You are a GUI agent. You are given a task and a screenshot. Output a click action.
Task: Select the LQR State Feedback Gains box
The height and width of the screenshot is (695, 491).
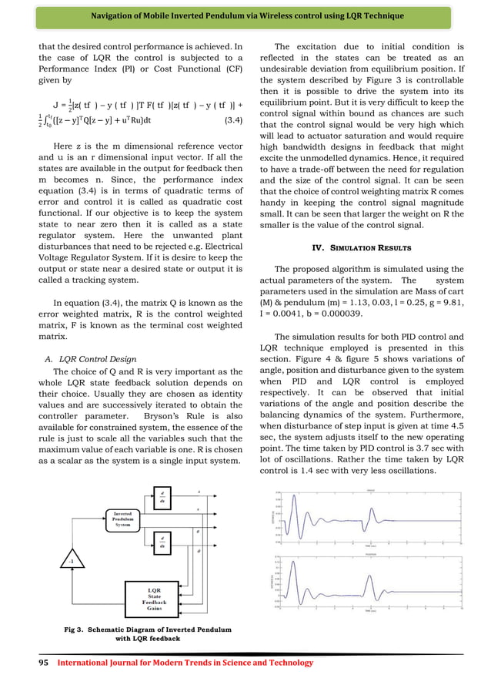[155, 597]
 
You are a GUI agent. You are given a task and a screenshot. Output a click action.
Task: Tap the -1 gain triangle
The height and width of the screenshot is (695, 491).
[50, 561]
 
